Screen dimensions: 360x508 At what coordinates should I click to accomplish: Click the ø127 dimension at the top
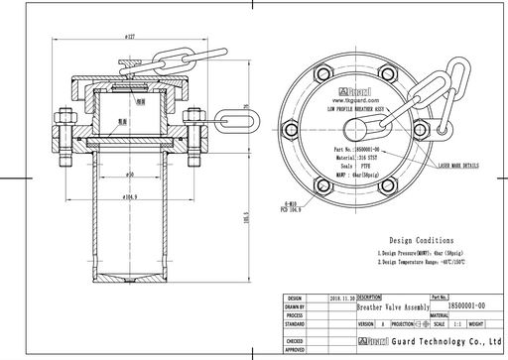point(131,35)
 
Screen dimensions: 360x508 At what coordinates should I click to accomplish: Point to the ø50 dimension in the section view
point(130,175)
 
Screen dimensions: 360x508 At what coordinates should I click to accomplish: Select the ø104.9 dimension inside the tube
point(130,197)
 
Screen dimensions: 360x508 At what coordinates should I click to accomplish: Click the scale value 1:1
point(456,323)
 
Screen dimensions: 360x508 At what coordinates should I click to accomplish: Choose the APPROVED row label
point(294,350)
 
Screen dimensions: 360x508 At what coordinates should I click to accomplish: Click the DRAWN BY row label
point(294,305)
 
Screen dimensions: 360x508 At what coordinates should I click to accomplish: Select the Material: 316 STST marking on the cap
point(358,157)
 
